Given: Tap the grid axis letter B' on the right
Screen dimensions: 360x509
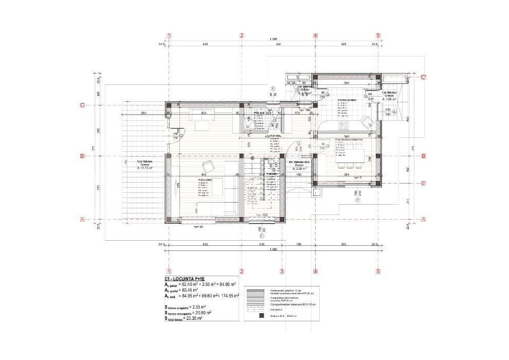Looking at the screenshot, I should [423, 183].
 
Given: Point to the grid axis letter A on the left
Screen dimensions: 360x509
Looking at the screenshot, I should [82, 220].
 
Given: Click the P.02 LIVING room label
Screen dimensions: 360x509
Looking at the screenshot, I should [205, 180].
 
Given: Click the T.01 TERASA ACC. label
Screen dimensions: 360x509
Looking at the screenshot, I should [299, 162].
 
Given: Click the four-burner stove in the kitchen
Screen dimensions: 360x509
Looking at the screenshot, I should [342, 125].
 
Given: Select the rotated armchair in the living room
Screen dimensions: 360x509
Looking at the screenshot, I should [209, 166].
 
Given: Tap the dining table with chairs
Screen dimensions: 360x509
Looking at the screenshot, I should [350, 157].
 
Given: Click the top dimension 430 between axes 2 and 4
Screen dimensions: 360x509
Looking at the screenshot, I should [278, 45].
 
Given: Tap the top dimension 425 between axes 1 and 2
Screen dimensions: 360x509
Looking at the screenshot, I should [205, 45].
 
